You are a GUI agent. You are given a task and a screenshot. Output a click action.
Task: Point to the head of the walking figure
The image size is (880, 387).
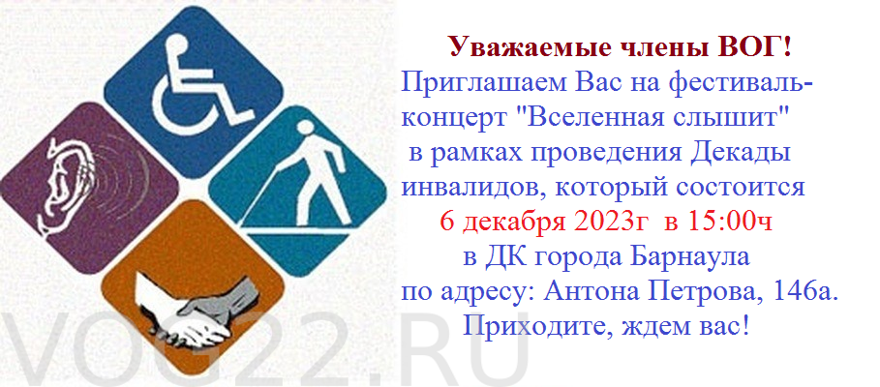[x=307, y=129]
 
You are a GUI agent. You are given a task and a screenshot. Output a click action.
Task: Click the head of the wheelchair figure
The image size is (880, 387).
[x=177, y=44]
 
